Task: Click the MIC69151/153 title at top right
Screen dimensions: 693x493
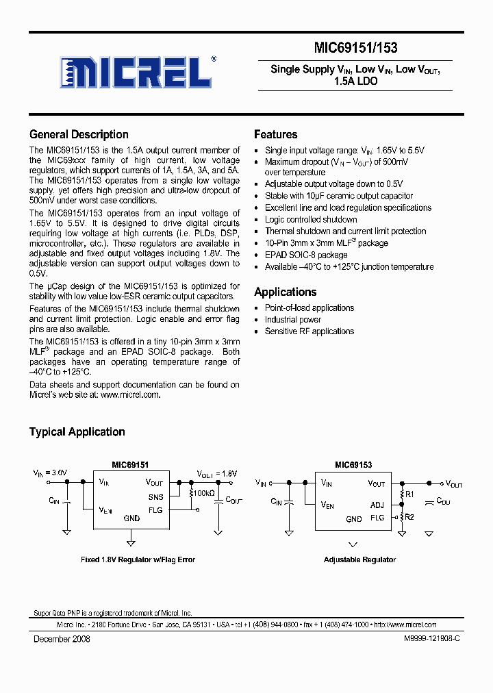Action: [355, 48]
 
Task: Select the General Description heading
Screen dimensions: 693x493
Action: [79, 135]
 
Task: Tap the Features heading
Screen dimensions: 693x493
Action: [275, 135]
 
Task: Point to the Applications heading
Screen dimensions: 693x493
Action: [285, 292]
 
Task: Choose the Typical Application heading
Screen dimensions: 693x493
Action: [77, 432]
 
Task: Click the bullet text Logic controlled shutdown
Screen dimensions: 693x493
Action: [311, 220]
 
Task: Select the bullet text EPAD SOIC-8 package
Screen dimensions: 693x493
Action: [306, 255]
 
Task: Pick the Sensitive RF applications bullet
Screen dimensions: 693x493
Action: [309, 331]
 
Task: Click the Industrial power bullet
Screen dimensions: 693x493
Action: [293, 320]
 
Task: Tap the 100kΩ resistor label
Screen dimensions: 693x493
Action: [203, 493]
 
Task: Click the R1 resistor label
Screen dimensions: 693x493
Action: [410, 494]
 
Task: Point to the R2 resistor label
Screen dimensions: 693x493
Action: [410, 517]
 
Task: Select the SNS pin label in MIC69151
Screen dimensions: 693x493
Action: [155, 497]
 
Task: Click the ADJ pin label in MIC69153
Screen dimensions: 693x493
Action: [377, 505]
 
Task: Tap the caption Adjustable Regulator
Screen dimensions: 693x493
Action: [359, 559]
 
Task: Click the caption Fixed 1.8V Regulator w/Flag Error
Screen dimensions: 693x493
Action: [138, 559]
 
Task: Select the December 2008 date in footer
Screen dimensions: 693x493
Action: [62, 639]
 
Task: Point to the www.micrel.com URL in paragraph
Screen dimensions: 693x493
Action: [130, 394]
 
